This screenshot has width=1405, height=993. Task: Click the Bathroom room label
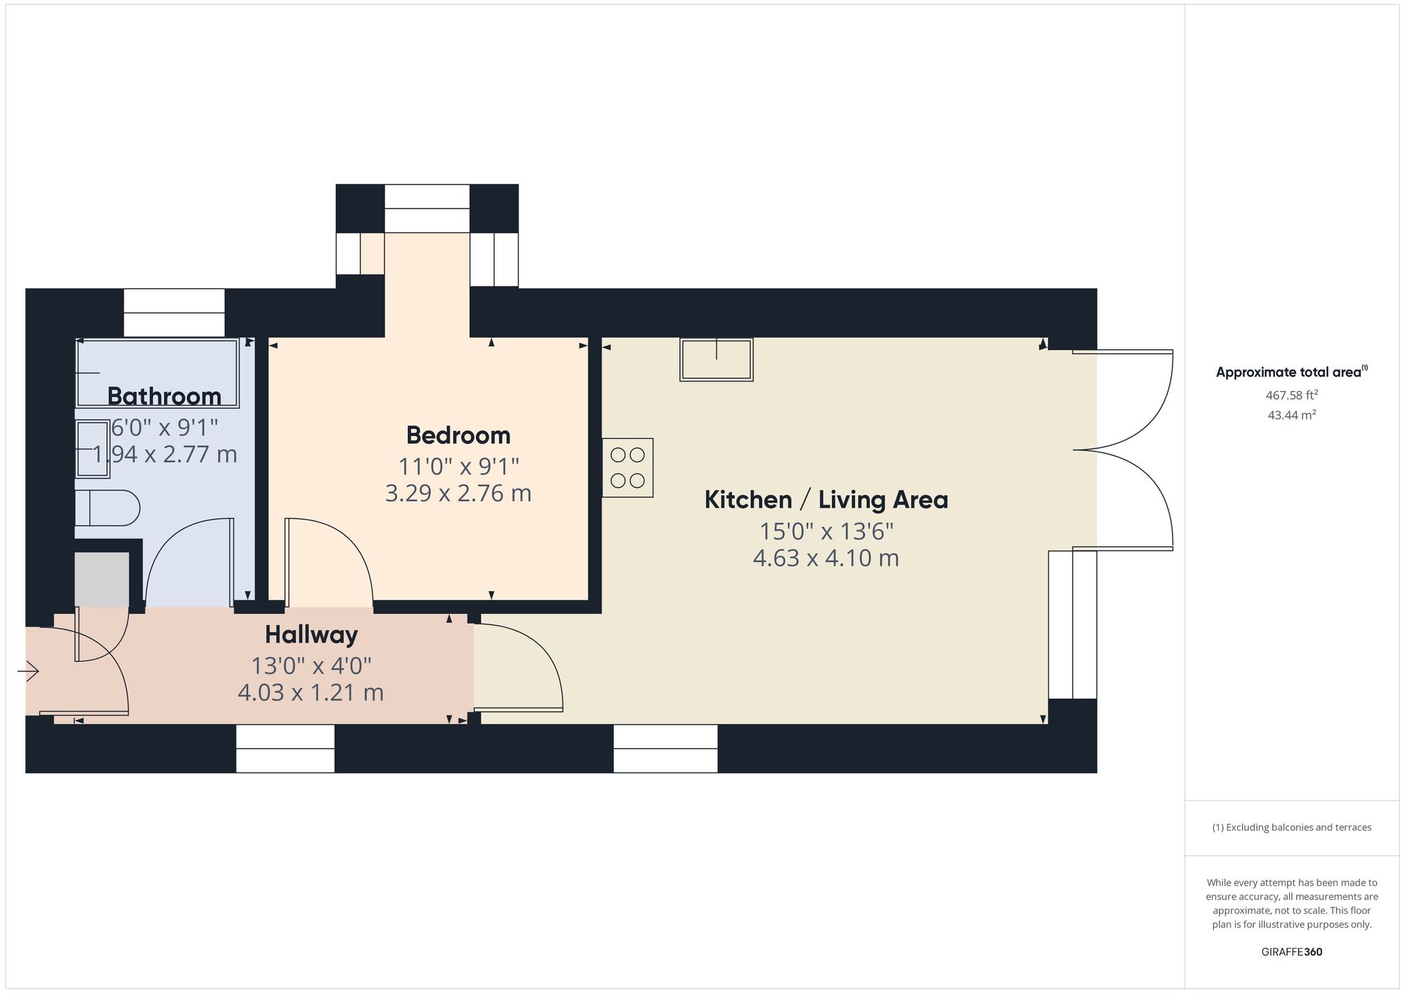[x=164, y=397]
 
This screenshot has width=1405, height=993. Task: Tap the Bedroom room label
[x=458, y=435]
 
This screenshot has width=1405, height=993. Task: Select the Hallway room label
[x=311, y=635]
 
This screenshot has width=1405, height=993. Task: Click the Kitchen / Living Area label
[x=826, y=500]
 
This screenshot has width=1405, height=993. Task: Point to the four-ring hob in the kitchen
[x=627, y=468]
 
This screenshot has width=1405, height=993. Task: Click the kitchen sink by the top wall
[x=716, y=360]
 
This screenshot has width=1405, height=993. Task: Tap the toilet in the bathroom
[x=108, y=508]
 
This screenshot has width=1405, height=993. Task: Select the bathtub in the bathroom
[x=157, y=373]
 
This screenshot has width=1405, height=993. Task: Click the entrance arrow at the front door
[x=28, y=672]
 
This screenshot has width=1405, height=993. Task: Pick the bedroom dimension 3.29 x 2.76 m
[x=458, y=494]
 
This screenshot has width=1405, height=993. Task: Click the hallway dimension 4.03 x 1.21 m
[x=311, y=693]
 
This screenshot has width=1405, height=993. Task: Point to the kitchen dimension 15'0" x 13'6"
[x=826, y=532]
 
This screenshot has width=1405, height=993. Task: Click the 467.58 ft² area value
[x=1291, y=395]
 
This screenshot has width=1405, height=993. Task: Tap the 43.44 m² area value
[x=1291, y=415]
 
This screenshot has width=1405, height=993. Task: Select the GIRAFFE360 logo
[x=1291, y=952]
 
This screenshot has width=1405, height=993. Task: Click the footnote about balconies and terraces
[x=1291, y=827]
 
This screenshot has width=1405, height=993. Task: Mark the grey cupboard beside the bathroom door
[x=102, y=579]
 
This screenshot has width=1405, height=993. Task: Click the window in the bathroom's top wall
[x=174, y=313]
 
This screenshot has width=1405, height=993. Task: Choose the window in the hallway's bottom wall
[x=285, y=749]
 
